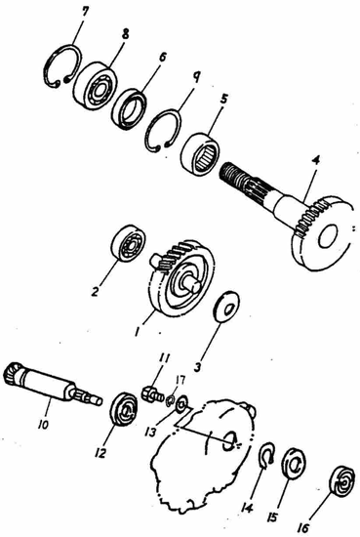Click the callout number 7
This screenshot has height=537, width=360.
pos(85,12)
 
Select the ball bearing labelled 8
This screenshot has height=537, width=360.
pos(97,85)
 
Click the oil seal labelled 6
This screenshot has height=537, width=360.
pos(130,109)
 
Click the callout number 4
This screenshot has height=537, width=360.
pos(316,161)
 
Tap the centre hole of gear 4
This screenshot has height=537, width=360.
pos(328,236)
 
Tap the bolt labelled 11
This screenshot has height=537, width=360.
pos(152,394)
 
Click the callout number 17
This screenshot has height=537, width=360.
pos(180,380)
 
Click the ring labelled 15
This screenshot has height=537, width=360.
pos(294,464)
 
